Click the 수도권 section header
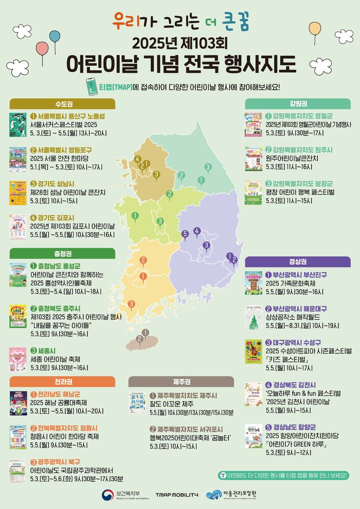[62, 104]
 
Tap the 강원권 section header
[297, 104]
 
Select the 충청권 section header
[62, 253]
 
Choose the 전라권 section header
[62, 382]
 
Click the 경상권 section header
[297, 262]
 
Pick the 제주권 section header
[181, 382]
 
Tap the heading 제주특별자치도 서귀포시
[183, 429]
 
